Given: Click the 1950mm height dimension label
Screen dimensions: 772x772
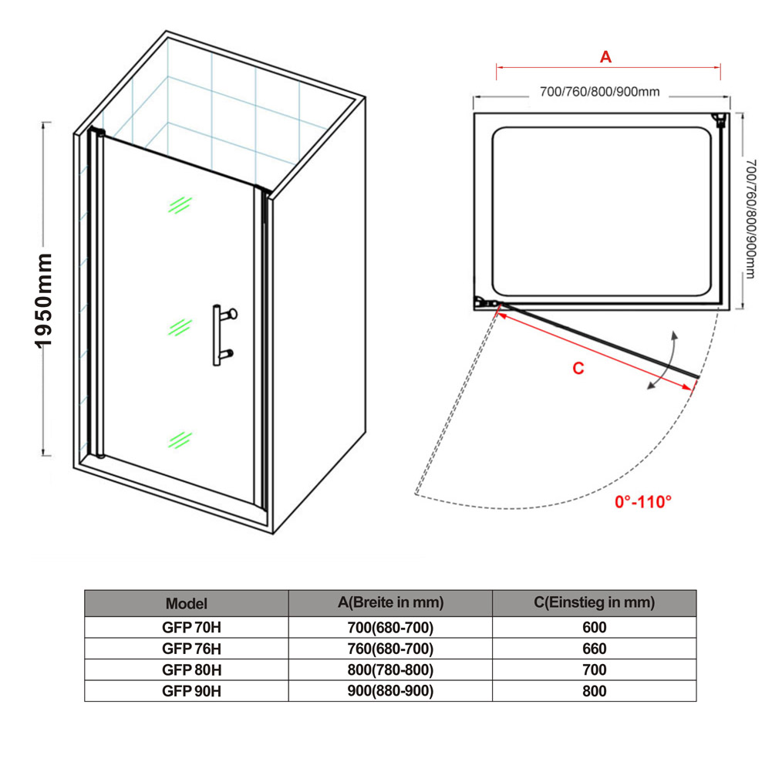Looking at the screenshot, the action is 43,301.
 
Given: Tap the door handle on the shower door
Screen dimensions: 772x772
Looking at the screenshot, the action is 224,335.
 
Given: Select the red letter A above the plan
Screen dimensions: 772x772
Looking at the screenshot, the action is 605,56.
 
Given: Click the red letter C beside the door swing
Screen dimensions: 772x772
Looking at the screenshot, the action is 578,369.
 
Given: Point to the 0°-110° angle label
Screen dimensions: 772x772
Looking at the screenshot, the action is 643,502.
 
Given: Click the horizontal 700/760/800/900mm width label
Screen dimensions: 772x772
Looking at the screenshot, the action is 600,92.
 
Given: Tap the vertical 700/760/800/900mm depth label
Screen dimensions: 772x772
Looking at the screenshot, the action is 750,218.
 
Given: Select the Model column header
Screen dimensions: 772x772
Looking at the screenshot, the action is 187,604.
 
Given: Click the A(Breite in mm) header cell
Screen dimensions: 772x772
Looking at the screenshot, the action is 390,602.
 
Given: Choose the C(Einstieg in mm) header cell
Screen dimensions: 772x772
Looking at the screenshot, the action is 595,602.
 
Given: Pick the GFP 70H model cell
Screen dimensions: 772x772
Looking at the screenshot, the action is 191,627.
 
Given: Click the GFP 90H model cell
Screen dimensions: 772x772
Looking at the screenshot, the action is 191,691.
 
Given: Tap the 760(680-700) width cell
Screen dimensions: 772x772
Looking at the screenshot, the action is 390,649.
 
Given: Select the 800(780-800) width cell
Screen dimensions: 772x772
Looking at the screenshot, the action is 390,670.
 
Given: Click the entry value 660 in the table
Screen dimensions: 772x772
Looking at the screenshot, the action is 595,649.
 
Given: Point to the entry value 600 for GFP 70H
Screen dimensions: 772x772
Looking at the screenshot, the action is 595,627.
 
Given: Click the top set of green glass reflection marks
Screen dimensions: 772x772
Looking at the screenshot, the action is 180,205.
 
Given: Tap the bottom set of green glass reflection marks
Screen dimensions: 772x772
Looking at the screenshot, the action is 180,440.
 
